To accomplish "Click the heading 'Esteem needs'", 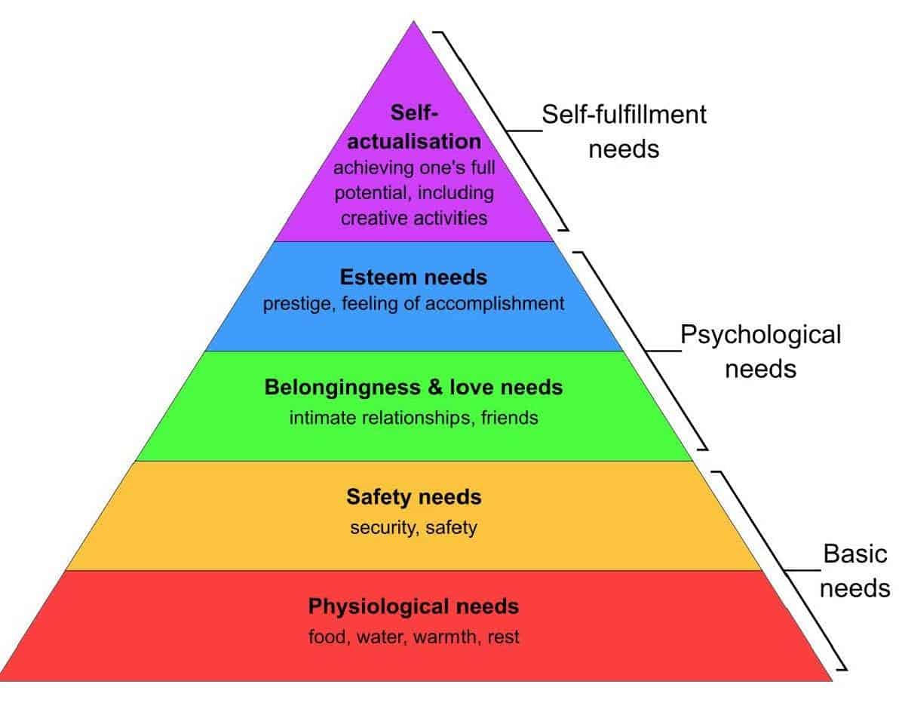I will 413,278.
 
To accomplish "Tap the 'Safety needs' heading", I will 413,498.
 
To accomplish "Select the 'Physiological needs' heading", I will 413,606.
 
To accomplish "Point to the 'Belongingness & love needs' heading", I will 413,388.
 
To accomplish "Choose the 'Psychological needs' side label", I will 759,351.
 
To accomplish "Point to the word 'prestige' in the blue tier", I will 291,304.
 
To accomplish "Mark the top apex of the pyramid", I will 413,22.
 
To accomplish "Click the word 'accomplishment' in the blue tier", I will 502,304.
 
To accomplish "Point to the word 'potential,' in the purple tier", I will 371,192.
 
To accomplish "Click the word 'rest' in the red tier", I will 503,637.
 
